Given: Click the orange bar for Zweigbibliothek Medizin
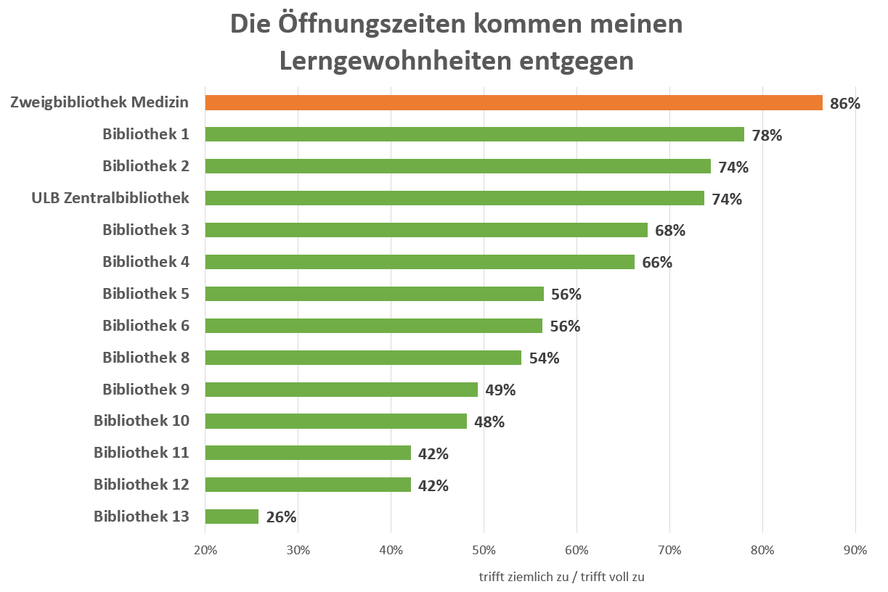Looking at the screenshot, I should point(513,102).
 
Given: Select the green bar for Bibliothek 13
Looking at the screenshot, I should point(232,517).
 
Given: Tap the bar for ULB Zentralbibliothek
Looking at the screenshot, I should point(455,198).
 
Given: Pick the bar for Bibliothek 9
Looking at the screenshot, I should point(341,390).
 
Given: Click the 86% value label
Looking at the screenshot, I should point(845,104).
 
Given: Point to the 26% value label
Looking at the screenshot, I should point(281,517).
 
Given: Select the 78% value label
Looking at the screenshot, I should point(767,135).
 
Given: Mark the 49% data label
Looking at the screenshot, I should point(500,390).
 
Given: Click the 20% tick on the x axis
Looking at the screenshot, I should point(205,550).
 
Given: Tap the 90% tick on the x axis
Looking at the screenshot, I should point(855,550).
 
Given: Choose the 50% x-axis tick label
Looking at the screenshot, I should point(484,550).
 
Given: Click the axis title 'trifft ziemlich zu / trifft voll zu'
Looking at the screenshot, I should point(561,577).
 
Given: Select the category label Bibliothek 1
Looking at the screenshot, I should point(146,134).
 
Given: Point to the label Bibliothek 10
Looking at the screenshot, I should point(142,421).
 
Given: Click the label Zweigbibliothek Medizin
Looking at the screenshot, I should point(100,102).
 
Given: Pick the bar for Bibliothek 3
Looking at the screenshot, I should point(426,230).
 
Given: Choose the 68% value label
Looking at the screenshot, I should point(670,231).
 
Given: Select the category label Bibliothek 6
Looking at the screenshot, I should point(146,326).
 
